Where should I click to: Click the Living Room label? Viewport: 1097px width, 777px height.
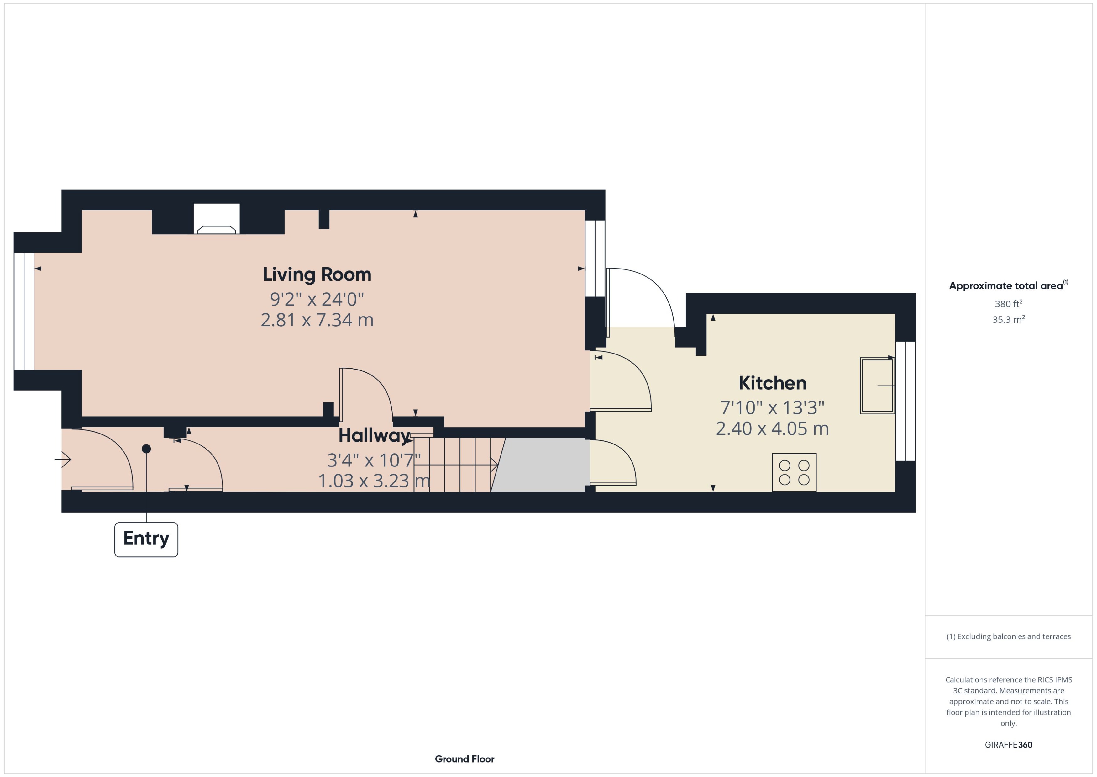pos(317,274)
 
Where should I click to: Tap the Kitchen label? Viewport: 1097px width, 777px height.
pos(772,383)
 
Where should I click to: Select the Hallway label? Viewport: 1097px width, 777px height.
pos(374,436)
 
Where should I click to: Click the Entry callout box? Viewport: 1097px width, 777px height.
pos(146,540)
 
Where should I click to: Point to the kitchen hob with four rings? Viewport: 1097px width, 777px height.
pos(794,472)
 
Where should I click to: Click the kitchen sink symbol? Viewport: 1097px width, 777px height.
pos(877,386)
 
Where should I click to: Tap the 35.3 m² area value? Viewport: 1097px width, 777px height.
pos(1009,319)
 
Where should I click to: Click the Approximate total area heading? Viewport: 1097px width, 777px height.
pos(1009,286)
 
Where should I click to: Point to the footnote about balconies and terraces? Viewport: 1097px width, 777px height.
pos(1009,636)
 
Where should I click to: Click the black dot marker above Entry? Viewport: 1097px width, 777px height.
pos(146,449)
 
